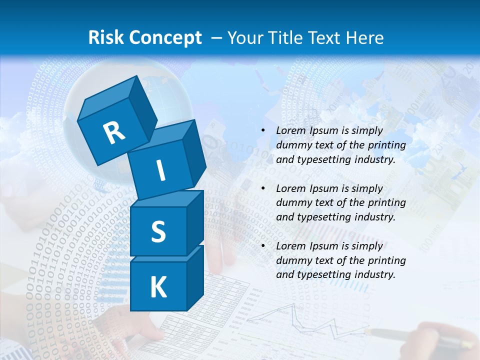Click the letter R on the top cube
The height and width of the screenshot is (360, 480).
click(114, 132)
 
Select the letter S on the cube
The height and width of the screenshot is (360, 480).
click(158, 231)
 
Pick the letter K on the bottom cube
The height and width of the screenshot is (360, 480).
click(158, 287)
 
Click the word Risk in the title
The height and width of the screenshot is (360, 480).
click(106, 37)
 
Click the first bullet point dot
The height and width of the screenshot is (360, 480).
click(263, 131)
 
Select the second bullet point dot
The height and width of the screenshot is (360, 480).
click(263, 188)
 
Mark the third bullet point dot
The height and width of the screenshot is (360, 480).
click(263, 246)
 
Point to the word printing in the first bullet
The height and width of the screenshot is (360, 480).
click(386, 145)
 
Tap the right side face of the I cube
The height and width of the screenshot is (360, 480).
click(194, 152)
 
